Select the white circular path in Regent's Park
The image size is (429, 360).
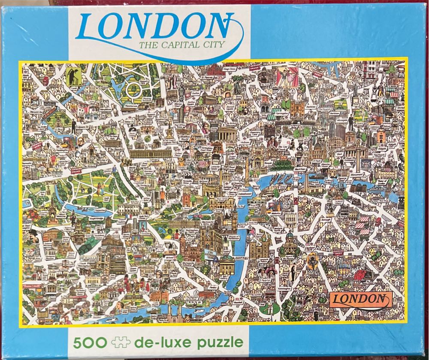point(134,90)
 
